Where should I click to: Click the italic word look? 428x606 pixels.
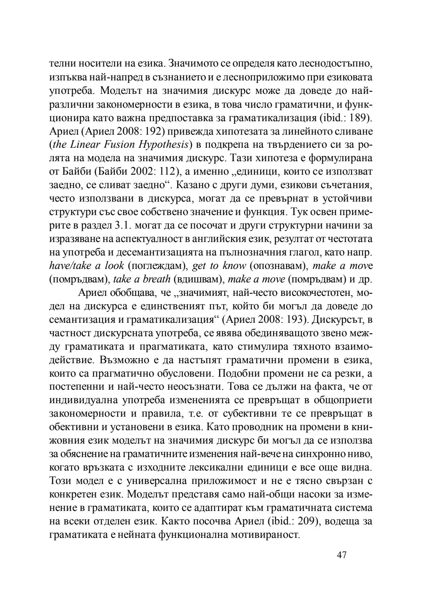(x=114, y=266)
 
